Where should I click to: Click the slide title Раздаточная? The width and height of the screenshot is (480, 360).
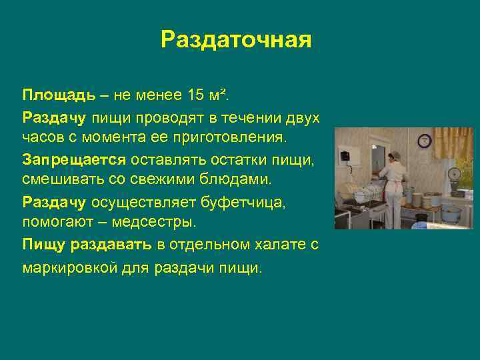pyautogui.click(x=236, y=39)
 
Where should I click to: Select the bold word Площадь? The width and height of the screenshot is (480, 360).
pyautogui.click(x=50, y=95)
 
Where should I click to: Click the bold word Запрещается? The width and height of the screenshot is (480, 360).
pyautogui.click(x=73, y=160)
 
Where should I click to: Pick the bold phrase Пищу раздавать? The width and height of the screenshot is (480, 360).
pyautogui.click(x=87, y=245)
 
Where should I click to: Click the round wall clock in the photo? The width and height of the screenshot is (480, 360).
pyautogui.click(x=425, y=141)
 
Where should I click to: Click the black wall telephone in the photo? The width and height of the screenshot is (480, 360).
pyautogui.click(x=346, y=156)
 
